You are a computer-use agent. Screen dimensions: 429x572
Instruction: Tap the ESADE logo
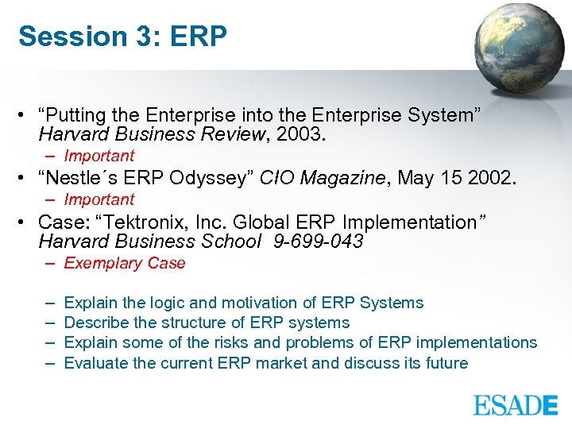coord(516,404)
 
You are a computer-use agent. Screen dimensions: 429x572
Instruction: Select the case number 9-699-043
coord(317,242)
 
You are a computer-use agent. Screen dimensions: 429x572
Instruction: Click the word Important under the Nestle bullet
coord(99,199)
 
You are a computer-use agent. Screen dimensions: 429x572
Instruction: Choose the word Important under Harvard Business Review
coord(99,156)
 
